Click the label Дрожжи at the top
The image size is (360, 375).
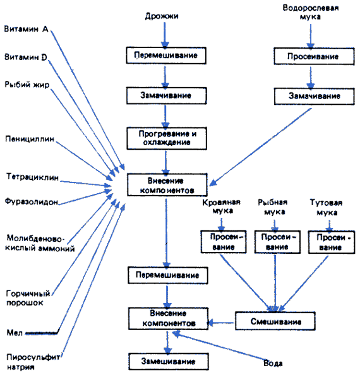point(162,16)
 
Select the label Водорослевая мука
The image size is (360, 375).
point(311,12)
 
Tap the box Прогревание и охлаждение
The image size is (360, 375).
point(167,138)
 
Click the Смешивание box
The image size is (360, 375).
point(275,321)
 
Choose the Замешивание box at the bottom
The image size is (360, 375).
point(169,361)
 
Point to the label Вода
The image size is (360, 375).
point(273,363)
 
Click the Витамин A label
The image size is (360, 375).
point(27,29)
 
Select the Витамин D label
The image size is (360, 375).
point(26,57)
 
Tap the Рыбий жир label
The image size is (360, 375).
point(27,85)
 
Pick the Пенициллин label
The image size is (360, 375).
point(30,139)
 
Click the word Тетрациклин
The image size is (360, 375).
point(32,177)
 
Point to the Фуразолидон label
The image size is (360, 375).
point(32,201)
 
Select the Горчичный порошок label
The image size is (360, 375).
point(28,298)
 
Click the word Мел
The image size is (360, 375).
point(15,333)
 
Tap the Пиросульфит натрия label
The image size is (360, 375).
point(33,362)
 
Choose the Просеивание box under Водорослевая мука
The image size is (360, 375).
point(314,56)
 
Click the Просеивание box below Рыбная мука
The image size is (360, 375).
point(277,242)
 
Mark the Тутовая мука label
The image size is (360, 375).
point(327,207)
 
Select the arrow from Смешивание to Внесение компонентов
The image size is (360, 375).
point(220,323)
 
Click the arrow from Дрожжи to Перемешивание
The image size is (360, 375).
point(165,35)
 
